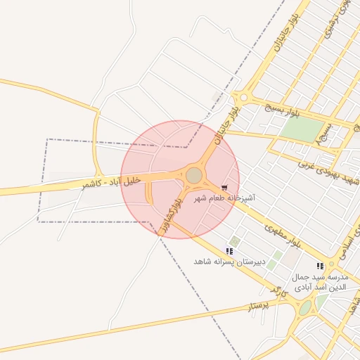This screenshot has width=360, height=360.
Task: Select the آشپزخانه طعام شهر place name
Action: point(226,199)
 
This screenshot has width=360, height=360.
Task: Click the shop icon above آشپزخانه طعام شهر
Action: point(224,188)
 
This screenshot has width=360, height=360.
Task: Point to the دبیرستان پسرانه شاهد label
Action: point(229,261)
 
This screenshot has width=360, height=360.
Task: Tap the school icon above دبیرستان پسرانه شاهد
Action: point(229,250)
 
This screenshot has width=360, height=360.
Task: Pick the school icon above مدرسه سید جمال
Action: point(320,266)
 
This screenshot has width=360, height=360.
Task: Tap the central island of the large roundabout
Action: point(194,175)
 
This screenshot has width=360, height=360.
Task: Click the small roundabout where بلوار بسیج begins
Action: point(244,98)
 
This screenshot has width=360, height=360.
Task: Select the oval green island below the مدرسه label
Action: point(305,308)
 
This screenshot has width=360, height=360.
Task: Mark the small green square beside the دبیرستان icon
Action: point(235,242)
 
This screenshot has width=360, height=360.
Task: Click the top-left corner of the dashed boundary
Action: point(48,139)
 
